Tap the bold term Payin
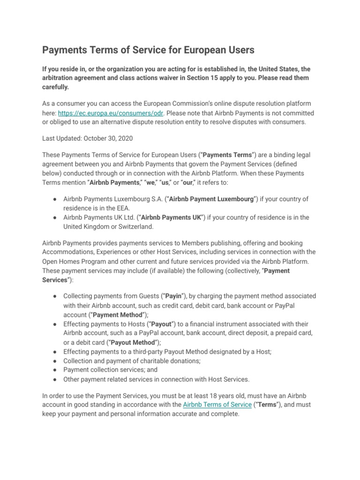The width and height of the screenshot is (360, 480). (x=172, y=296)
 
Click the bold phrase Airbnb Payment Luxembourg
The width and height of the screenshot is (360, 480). (x=212, y=199)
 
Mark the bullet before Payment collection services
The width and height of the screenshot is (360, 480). (x=55, y=370)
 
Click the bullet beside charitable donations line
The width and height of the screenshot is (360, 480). (x=55, y=361)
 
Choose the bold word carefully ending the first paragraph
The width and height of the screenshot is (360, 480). (x=55, y=87)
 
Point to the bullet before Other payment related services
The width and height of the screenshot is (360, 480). (x=55, y=379)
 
